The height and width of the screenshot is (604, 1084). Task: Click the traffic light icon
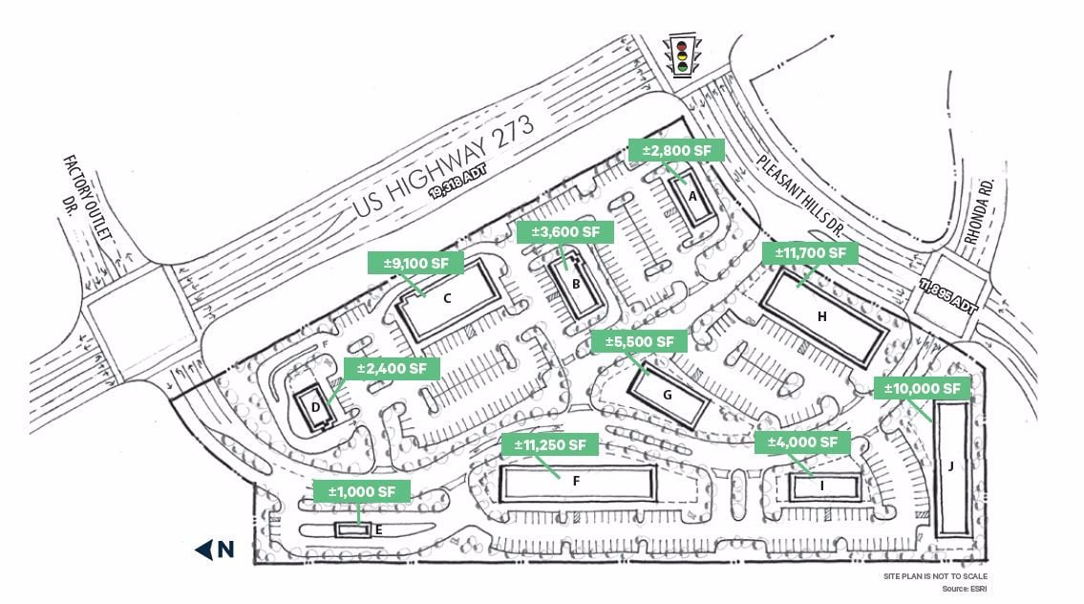681,56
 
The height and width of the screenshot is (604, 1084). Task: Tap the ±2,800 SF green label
676,150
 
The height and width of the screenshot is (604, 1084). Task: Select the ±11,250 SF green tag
550,444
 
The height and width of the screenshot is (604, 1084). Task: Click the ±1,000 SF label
362,491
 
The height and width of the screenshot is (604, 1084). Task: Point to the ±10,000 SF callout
922,388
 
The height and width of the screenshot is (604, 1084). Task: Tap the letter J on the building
951,466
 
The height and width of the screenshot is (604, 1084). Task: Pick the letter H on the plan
821,315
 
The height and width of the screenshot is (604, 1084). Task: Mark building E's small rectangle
352,528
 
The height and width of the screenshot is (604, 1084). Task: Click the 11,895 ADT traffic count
948,296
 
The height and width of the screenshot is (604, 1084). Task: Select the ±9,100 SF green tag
415,262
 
